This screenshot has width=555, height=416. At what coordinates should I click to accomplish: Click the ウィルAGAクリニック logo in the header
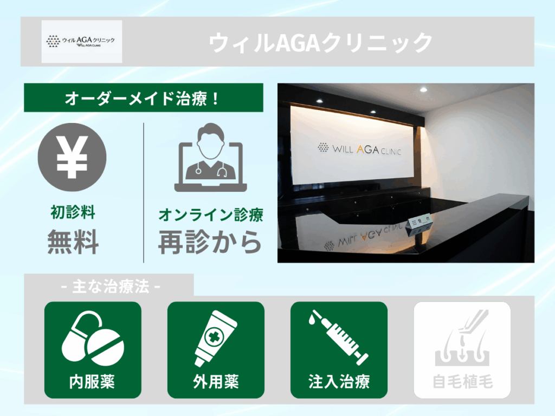82,42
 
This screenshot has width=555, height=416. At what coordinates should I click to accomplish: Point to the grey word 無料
73,242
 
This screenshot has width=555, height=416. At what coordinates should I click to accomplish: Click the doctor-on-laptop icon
210,157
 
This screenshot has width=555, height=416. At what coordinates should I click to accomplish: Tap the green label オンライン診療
210,215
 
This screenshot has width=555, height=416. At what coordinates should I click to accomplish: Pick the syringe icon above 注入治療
338,337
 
